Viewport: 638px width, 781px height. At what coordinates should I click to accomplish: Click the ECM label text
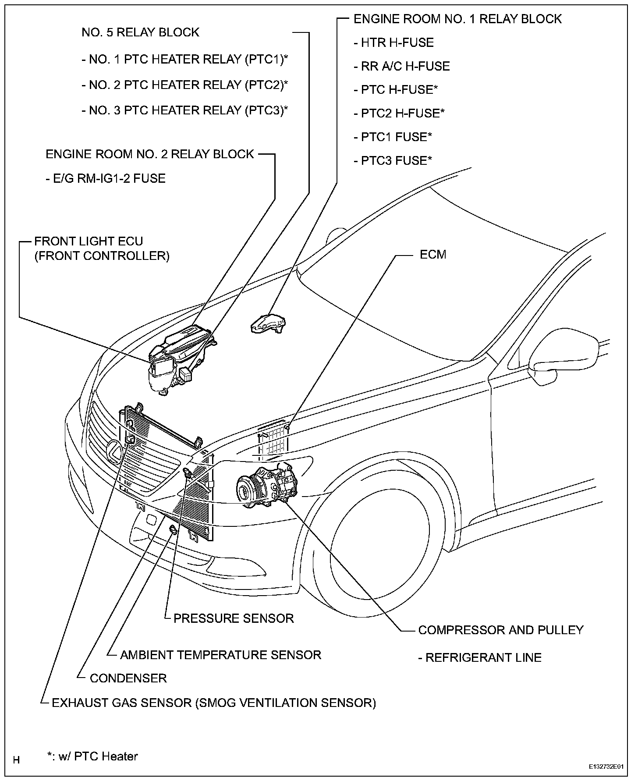click(432, 255)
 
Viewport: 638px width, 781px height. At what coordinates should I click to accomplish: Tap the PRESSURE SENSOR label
click(234, 618)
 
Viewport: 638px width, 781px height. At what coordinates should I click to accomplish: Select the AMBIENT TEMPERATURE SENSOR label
click(220, 655)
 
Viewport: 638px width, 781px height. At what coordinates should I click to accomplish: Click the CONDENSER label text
click(128, 678)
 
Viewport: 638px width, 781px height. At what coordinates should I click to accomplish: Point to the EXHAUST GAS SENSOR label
click(214, 703)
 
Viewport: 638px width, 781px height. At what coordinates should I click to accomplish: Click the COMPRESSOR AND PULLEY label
click(501, 630)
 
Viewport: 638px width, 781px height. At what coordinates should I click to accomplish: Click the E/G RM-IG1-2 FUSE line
click(106, 178)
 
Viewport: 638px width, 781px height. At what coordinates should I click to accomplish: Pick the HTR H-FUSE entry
click(393, 43)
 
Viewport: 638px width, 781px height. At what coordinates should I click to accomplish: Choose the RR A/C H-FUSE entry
click(402, 66)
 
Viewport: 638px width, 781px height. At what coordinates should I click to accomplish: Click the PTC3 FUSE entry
click(393, 160)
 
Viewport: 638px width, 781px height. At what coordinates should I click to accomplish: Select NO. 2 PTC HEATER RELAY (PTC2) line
click(184, 85)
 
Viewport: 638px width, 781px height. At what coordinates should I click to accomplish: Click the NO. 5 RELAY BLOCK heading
click(140, 32)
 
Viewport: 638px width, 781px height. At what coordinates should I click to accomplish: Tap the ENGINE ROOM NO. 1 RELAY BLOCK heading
click(457, 19)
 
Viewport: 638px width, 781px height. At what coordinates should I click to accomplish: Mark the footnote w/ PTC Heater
click(93, 756)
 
